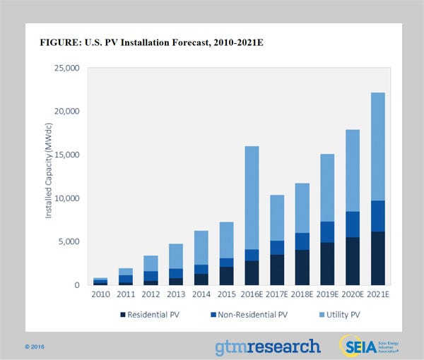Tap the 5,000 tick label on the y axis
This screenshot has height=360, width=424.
[71, 241]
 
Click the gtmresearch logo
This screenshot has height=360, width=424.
[268, 346]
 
